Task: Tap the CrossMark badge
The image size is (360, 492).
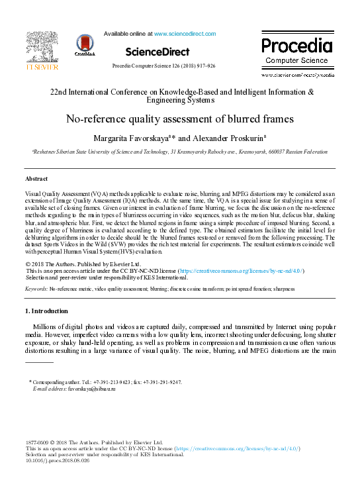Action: (85, 45)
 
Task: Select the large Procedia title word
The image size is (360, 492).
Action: (296, 46)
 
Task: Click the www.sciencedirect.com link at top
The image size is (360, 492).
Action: (186, 32)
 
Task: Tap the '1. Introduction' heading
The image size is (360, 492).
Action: (46, 311)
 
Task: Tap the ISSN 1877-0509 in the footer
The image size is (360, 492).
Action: (38, 442)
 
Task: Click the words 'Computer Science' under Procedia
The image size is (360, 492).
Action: (296, 60)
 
